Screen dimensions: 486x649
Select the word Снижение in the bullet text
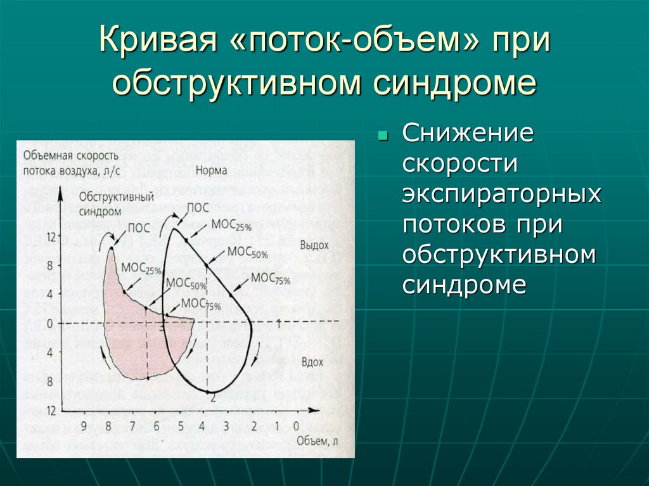click(x=467, y=134)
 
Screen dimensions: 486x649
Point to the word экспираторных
click(x=501, y=195)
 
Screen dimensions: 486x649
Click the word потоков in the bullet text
click(x=456, y=224)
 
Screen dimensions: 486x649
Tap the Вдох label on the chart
click(x=312, y=362)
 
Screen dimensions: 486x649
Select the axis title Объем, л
click(x=312, y=440)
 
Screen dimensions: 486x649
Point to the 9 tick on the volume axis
click(x=84, y=426)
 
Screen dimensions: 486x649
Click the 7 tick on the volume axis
click(x=132, y=426)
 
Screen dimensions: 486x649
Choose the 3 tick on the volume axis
click(x=227, y=426)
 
